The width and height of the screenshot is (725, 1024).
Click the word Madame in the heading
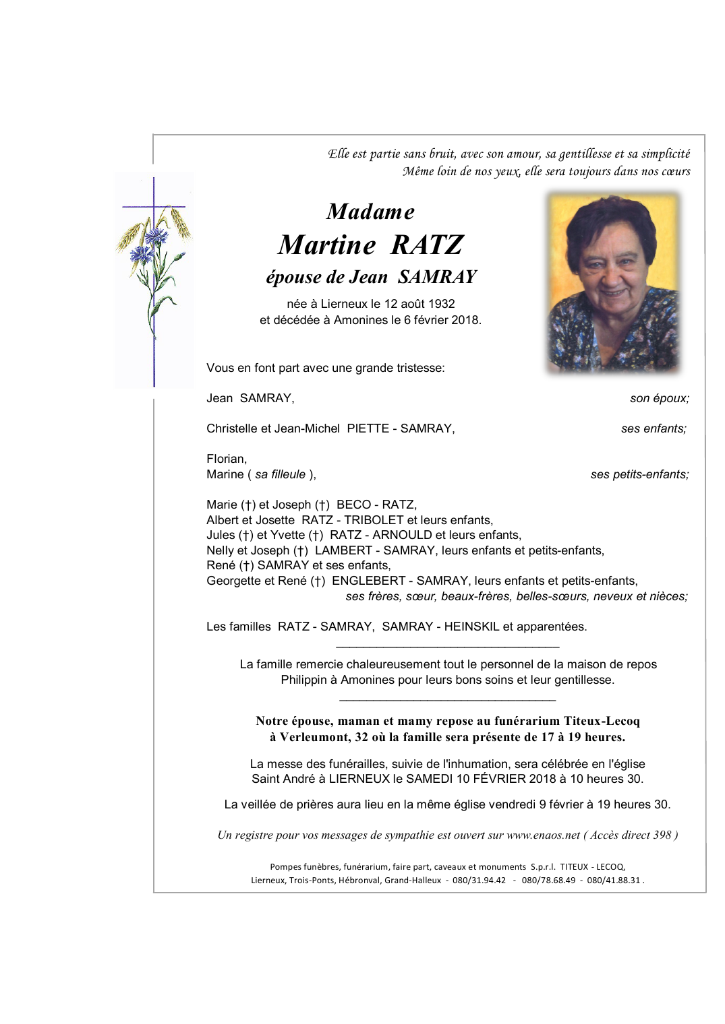tap(370, 212)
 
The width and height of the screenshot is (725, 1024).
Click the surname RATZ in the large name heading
tap(427, 245)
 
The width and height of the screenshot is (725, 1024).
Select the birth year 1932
tap(441, 304)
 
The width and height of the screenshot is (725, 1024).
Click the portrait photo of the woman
tap(612, 283)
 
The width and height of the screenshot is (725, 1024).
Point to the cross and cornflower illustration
tap(154, 280)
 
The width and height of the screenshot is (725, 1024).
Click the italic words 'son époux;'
tap(659, 398)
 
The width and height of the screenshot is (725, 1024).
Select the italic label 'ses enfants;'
tap(654, 428)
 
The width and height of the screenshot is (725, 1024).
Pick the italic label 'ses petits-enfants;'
tap(639, 474)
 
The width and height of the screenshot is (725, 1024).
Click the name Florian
tap(227, 459)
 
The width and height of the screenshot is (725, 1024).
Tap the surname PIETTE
tap(368, 428)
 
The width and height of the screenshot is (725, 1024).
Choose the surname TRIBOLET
tap(374, 520)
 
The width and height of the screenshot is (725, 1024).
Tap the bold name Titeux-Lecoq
tap(602, 721)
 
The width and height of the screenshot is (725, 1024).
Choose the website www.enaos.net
tap(543, 835)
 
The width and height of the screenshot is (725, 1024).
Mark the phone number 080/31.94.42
tap(479, 881)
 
